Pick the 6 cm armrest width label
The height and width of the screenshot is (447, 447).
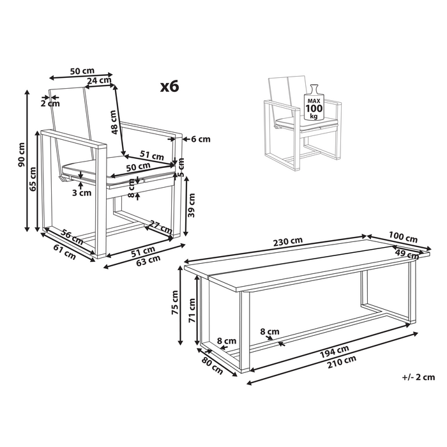(x=201, y=139)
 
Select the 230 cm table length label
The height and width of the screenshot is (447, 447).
(x=288, y=241)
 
